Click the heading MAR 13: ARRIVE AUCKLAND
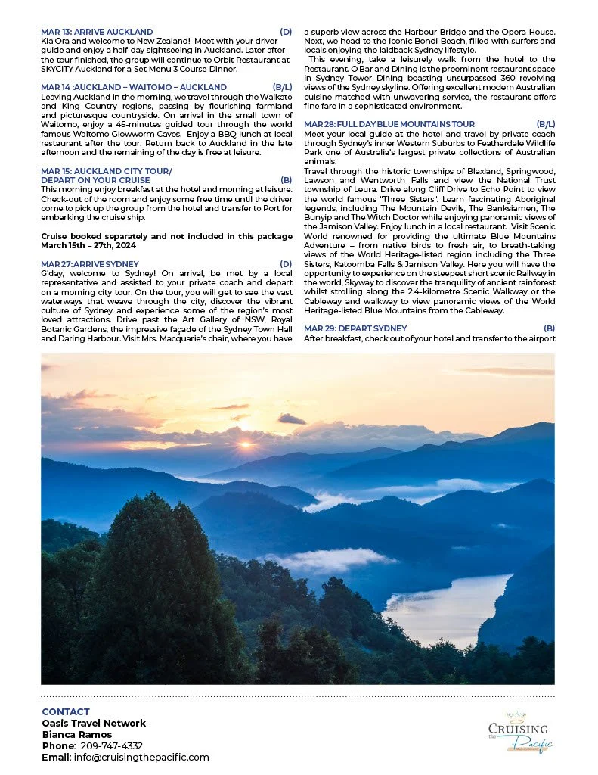(x=97, y=32)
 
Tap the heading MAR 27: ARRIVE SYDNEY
(x=90, y=264)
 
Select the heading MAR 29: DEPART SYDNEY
(x=355, y=328)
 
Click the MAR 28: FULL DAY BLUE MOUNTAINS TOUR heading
(x=389, y=123)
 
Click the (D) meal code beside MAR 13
(x=286, y=32)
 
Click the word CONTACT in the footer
(x=66, y=712)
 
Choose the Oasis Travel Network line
(x=94, y=724)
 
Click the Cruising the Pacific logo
(x=519, y=733)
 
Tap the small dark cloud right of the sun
(x=292, y=419)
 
